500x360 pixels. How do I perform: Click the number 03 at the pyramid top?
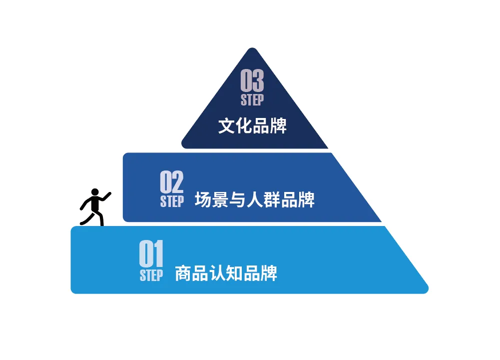tap(252, 80)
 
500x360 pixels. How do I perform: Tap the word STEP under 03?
tap(252, 99)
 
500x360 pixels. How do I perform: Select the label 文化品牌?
tap(252, 125)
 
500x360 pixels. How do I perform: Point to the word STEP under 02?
tap(172, 201)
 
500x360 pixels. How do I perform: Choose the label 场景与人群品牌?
tap(255, 199)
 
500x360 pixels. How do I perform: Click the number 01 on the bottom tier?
tap(151, 254)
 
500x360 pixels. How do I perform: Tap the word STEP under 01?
tap(151, 275)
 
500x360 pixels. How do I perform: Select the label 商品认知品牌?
tap(226, 273)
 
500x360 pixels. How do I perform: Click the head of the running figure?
tap(94, 192)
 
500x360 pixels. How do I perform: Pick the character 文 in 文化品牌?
tap(226, 125)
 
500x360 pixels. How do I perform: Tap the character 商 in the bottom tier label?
tap(183, 273)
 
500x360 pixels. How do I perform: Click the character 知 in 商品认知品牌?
tap(234, 273)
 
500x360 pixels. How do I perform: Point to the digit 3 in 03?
tap(258, 80)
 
